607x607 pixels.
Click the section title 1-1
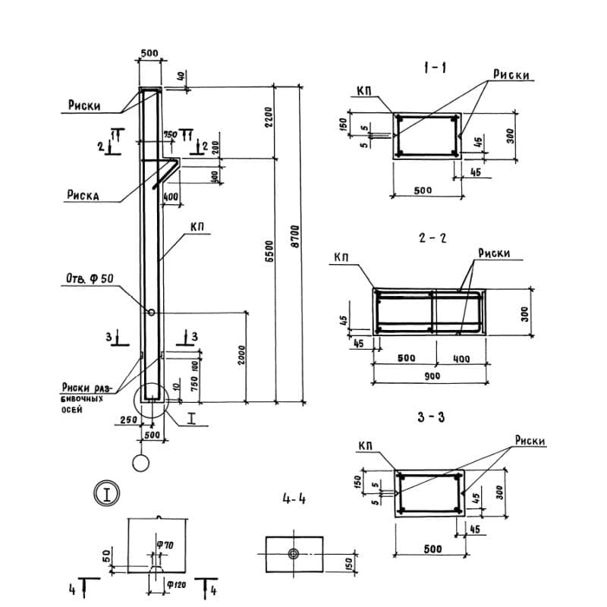[435, 69]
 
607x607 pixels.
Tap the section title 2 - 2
[432, 237]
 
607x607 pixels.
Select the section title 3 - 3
[430, 416]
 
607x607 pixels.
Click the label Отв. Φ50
[86, 279]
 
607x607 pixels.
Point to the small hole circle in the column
[152, 312]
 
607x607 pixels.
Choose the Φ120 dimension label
[176, 584]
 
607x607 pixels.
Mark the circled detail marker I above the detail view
[108, 495]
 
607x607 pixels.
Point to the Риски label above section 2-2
[495, 253]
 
